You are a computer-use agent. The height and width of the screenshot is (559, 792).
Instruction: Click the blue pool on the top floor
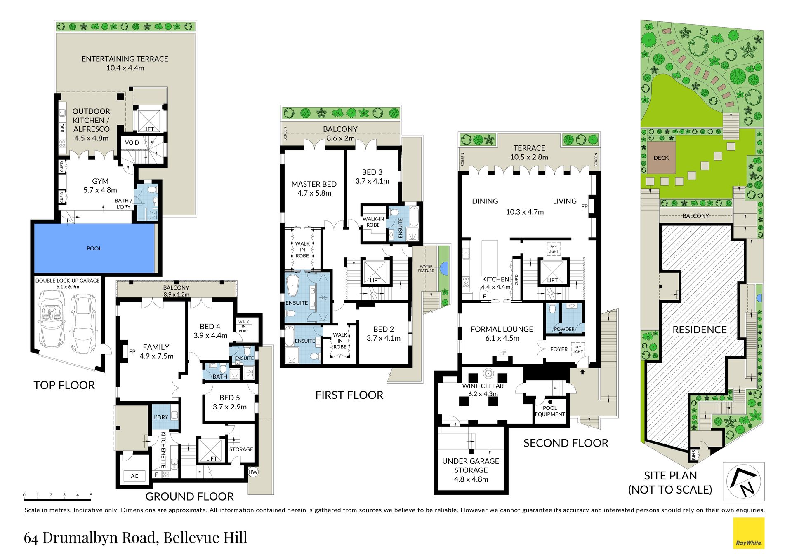[94, 248]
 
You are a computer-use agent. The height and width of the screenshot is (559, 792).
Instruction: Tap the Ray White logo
[749, 533]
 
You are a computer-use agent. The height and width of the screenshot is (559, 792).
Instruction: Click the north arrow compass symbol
[744, 481]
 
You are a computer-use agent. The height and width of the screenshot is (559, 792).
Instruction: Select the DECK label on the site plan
[661, 158]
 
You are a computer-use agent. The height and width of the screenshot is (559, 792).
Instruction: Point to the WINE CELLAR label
[483, 386]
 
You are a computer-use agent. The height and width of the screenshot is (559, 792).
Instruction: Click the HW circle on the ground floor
[253, 472]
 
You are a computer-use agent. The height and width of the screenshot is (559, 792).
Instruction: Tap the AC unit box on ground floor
[134, 476]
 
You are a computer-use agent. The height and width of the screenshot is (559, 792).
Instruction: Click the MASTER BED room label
[314, 184]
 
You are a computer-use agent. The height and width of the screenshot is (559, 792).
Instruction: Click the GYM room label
[100, 181]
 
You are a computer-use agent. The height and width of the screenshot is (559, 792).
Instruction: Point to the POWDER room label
[564, 329]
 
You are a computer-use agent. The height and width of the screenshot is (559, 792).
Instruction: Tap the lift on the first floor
[375, 272]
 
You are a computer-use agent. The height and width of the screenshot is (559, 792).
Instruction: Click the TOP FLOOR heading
[64, 385]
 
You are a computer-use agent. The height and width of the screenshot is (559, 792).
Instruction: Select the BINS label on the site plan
[694, 455]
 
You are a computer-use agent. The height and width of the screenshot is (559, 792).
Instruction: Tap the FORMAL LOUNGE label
[502, 329]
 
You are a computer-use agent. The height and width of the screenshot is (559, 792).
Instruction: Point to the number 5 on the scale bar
[91, 495]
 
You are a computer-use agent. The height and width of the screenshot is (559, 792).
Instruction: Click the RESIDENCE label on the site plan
[700, 330]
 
